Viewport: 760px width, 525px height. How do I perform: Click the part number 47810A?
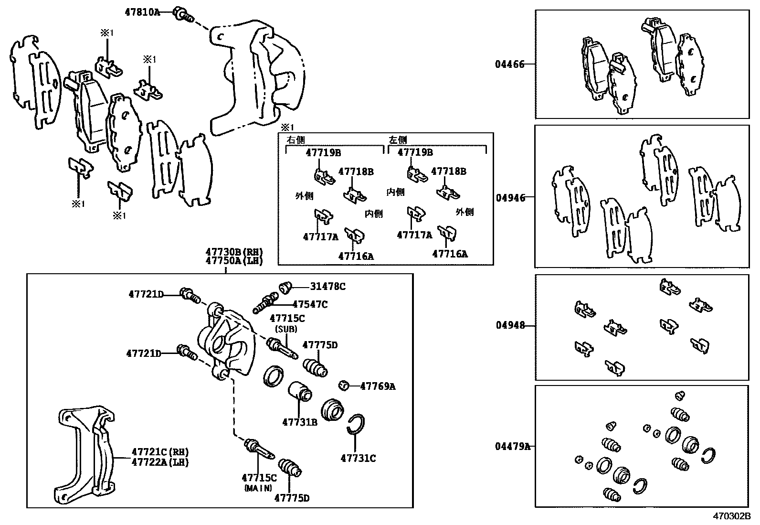tap(142, 12)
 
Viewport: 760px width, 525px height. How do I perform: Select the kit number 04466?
tap(509, 64)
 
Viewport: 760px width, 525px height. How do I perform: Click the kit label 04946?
tap(510, 198)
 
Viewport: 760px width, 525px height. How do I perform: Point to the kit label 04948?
tap(510, 325)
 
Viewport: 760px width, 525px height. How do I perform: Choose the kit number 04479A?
tap(512, 447)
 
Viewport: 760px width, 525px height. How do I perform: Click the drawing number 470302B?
tap(732, 516)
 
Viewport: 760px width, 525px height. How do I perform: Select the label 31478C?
tap(327, 287)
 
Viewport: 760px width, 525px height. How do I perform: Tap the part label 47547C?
tap(310, 304)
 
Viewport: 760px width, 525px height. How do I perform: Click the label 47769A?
tap(378, 386)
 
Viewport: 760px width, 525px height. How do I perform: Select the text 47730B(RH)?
tap(234, 252)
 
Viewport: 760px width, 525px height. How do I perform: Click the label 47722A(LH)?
tap(160, 462)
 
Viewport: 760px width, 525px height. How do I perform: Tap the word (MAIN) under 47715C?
tap(258, 488)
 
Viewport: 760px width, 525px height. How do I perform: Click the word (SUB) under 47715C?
tap(286, 329)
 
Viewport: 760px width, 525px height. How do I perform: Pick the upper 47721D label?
tap(146, 294)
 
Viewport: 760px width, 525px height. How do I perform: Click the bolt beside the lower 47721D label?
tap(186, 353)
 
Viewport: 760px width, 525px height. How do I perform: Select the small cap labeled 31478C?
tap(285, 287)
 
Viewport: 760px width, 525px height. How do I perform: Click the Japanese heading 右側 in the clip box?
tap(295, 140)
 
